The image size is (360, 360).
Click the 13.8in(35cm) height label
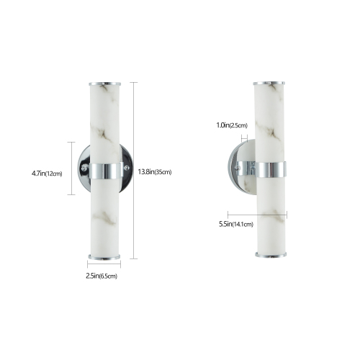coord(153,171)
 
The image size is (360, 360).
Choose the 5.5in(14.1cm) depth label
coord(236,225)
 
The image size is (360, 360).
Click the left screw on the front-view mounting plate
coord(84,169)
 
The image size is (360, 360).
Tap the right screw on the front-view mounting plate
coord(127,169)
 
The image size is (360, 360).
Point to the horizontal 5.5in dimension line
coord(257,213)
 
